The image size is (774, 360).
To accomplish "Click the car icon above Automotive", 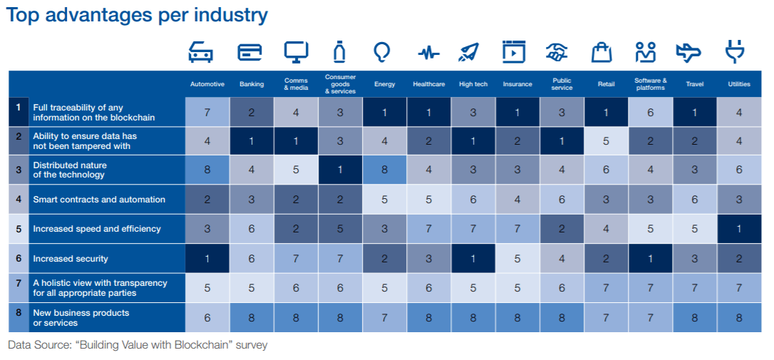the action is point(200,52).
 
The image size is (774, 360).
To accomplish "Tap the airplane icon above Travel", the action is point(688,52).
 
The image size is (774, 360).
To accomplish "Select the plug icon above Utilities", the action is point(735,52).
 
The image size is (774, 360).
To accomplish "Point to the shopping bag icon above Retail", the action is point(602,52).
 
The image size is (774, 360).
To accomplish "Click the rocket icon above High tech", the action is point(468,52).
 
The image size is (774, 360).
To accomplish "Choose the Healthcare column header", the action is point(428,84).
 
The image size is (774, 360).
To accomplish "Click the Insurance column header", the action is point(517,84).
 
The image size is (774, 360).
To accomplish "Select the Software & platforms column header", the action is point(651,84).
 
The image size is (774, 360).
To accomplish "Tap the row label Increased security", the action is point(70,259).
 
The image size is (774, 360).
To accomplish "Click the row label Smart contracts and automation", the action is point(99,200).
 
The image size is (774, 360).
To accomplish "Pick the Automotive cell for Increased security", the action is point(207,258).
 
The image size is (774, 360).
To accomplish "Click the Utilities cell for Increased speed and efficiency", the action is point(739,229).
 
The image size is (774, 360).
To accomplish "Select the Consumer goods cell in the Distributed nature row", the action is point(340,170).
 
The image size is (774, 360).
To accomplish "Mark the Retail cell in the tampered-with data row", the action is point(607,141).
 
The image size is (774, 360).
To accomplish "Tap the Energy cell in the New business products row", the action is point(385,317).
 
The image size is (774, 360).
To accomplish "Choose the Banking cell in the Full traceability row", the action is point(252,112).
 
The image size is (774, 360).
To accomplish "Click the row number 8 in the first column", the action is point(19,313).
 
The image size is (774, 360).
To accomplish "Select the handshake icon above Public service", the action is point(557,52).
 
